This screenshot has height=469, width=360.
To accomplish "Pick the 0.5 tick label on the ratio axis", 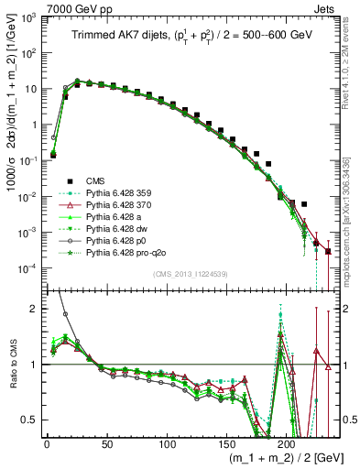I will click(31, 420).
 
